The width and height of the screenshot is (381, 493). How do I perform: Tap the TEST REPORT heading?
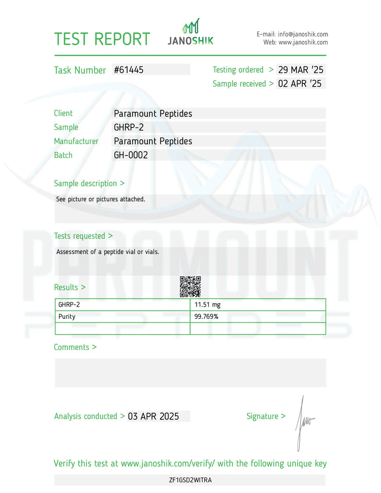click(102, 39)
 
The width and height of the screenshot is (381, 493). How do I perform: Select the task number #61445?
click(129, 70)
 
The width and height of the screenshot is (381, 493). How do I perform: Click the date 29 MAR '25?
click(301, 70)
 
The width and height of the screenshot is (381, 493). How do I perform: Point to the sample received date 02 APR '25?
click(300, 84)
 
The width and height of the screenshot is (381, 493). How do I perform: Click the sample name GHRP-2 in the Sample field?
click(129, 127)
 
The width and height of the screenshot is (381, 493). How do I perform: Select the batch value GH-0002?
click(131, 155)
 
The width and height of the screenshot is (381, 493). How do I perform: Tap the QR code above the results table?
click(190, 287)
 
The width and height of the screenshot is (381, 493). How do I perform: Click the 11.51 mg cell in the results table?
click(208, 305)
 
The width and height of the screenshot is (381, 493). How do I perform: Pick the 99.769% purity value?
click(206, 316)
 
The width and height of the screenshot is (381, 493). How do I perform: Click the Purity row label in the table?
click(67, 316)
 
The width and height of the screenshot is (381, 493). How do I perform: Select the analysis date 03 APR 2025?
click(153, 416)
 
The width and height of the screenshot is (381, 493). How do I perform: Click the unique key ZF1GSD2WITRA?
click(190, 480)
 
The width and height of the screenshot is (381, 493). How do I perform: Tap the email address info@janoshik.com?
click(303, 34)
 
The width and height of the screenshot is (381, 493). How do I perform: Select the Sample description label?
click(89, 183)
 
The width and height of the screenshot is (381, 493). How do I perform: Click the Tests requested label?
click(83, 236)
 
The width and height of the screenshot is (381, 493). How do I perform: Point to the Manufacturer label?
click(76, 141)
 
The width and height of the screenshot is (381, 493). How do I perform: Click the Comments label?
click(75, 347)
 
